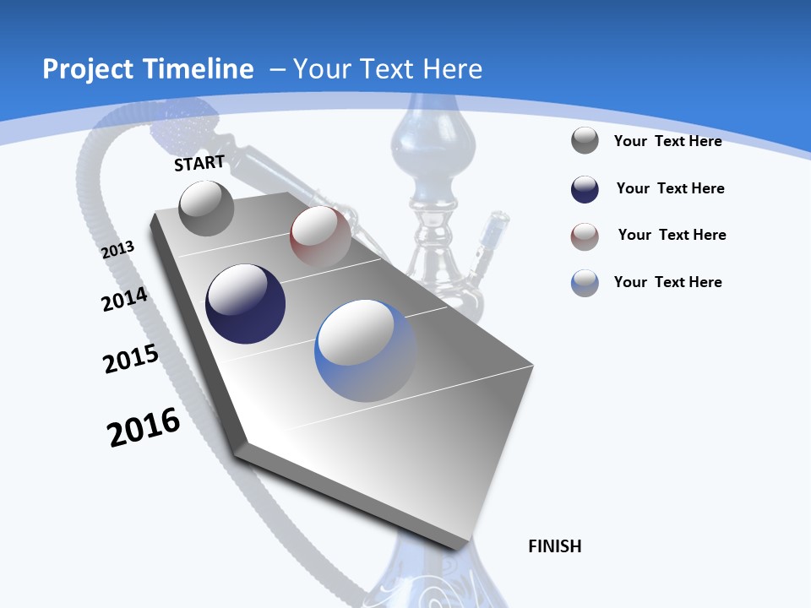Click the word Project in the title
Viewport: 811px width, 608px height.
pos(85,69)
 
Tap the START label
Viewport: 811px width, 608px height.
pos(199,163)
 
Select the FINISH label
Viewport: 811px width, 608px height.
pos(555,546)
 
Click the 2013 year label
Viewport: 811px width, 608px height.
pos(118,250)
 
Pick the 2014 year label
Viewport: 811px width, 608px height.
pos(125,300)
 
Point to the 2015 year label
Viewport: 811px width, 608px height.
pos(131,359)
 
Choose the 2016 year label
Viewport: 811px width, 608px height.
pos(144,428)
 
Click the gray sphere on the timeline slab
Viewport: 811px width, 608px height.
pos(207,208)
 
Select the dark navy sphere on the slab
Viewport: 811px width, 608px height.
pos(245,304)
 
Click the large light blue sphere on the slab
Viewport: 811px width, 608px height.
pos(365,350)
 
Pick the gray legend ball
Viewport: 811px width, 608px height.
pos(585,141)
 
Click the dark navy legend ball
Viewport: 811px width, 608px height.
pos(585,189)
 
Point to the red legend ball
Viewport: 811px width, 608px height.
pos(585,236)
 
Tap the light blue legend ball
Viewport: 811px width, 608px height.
pos(585,283)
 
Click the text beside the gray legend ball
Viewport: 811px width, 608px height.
pos(667,141)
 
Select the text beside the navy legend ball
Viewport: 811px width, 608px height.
pos(670,188)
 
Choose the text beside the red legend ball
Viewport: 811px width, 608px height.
pos(672,235)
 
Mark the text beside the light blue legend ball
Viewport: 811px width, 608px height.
pos(667,282)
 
